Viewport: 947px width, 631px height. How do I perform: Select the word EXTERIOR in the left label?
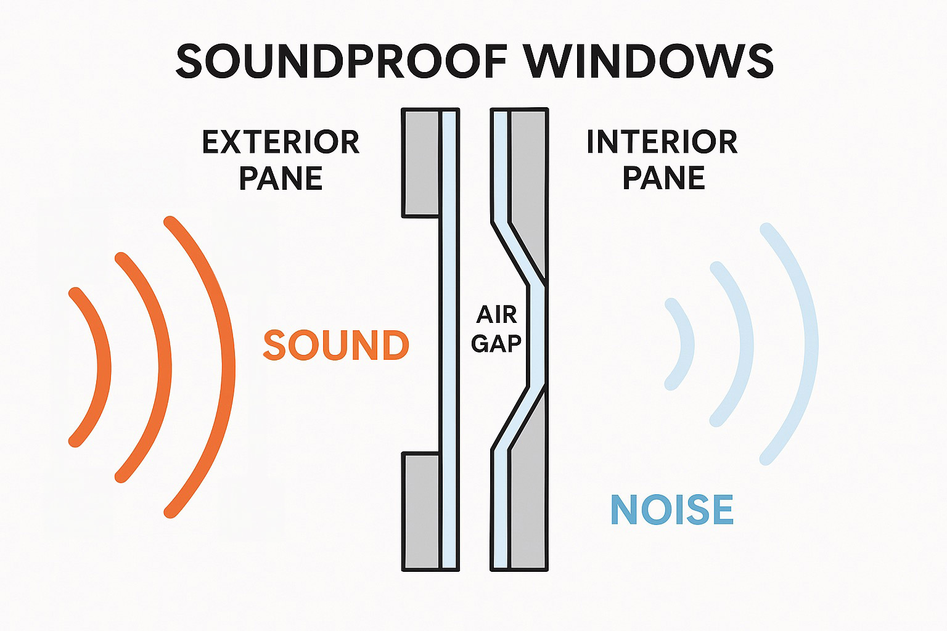281,142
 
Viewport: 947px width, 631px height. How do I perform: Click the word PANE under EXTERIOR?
281,178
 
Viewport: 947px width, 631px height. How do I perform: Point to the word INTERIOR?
662,142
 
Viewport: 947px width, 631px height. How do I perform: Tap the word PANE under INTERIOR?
663,178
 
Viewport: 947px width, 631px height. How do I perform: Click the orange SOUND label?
336,345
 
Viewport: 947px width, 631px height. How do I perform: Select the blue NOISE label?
671,510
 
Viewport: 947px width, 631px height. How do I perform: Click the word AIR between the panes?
496,315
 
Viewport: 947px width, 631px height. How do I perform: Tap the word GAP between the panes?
496,343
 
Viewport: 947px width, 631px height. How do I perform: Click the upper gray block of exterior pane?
420,163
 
